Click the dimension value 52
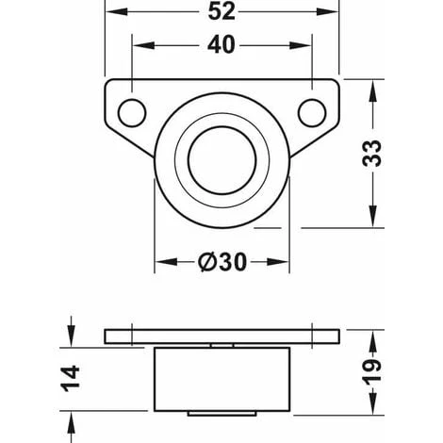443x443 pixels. click(221, 13)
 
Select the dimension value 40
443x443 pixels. click(221, 45)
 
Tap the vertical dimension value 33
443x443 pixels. click(373, 154)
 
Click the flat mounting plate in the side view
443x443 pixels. click(221, 336)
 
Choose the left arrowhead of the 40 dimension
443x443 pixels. click(138, 45)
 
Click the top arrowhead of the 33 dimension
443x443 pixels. click(373, 88)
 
